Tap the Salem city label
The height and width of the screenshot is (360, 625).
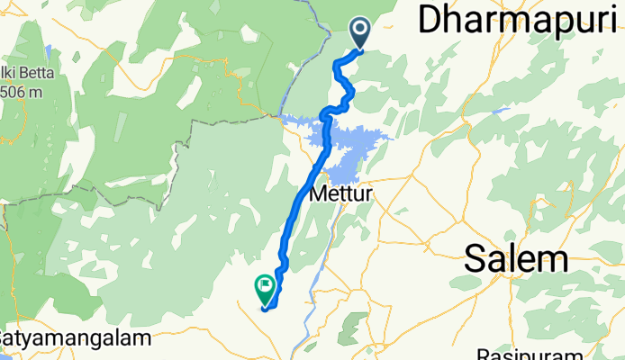(517, 260)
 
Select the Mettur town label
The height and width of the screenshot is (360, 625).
(341, 193)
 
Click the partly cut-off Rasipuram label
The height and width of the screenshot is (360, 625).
(519, 353)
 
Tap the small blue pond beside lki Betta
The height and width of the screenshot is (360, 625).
(50, 47)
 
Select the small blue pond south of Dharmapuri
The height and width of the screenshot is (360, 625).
(501, 112)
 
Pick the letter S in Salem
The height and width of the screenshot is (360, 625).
(477, 260)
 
